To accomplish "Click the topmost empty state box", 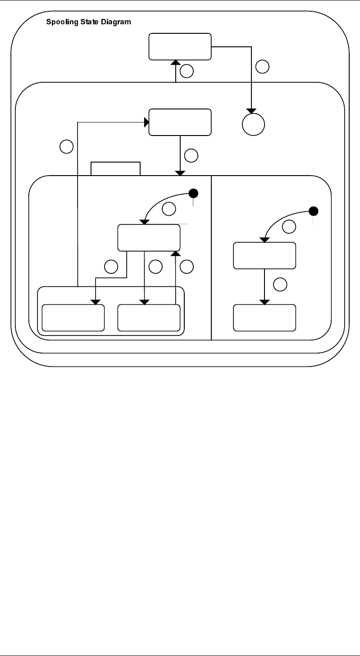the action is coord(180,46).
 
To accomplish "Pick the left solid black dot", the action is coord(193,194).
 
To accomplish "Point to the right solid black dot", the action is coord(314,211).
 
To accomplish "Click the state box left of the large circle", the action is coord(180,122).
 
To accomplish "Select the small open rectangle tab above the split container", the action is coord(116,168).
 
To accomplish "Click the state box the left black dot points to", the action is coord(149,238).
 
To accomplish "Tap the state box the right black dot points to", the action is coord(264,255).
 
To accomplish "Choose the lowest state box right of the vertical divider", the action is coord(264,317).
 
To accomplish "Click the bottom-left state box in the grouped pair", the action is coord(73,317).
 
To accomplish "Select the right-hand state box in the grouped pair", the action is coord(149,317).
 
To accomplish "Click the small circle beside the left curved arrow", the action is coord(169,208).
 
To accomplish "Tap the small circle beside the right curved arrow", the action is coord(290,227).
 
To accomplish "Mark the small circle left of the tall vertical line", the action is coord(66,146).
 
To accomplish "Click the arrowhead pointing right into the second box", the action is coord(146,122).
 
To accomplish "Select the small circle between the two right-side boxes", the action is coord(280,284).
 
